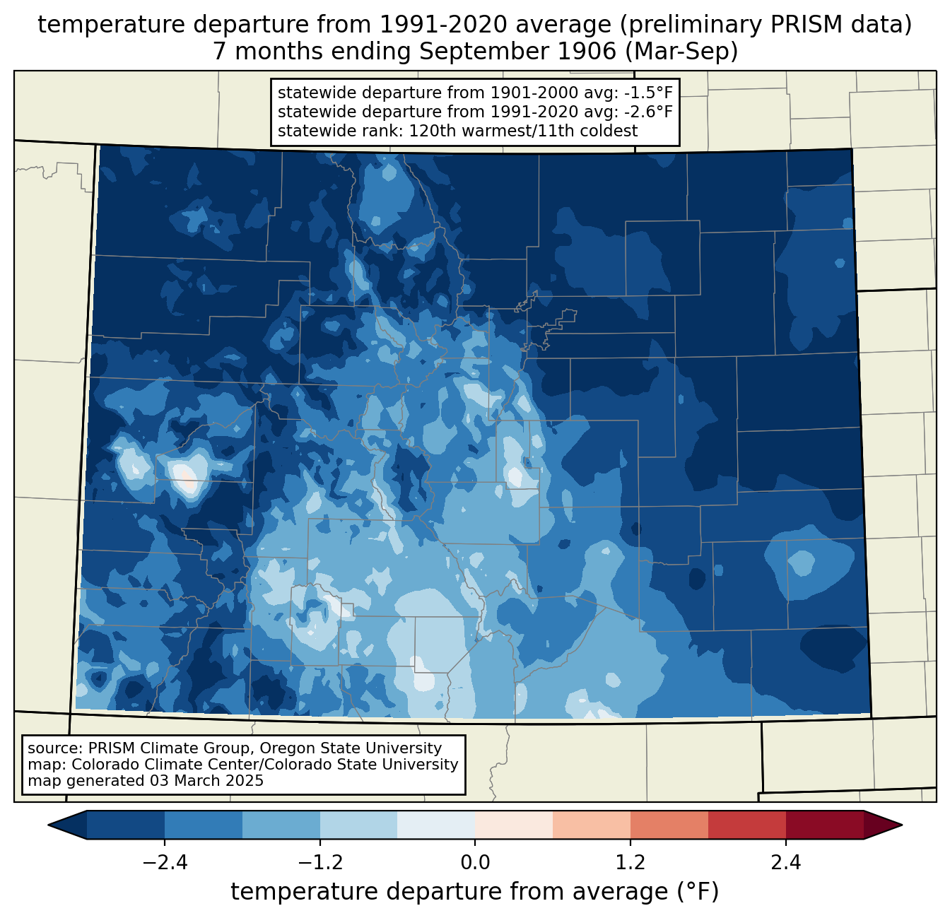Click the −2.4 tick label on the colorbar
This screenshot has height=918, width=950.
(165, 863)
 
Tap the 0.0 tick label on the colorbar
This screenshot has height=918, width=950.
(475, 863)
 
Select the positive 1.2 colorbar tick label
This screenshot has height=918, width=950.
(631, 863)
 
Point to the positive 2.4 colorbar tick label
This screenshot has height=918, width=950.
(785, 863)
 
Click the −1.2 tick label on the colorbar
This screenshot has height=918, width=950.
(320, 863)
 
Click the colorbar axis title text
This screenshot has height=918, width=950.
(474, 892)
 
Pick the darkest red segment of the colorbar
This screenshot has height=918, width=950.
(824, 825)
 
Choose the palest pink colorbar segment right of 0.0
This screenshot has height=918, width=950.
(514, 825)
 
